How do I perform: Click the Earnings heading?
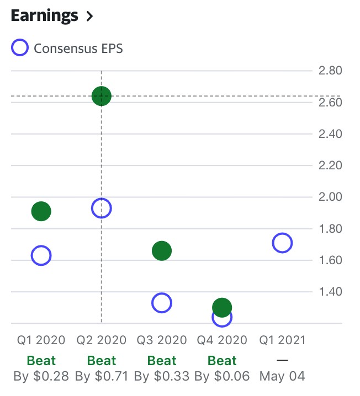click(44, 16)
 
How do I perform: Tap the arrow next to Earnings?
click(89, 17)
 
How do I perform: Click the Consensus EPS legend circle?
click(20, 48)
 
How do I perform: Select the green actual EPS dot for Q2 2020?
click(102, 96)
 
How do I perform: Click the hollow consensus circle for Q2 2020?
click(102, 208)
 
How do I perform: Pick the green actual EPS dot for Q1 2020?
click(41, 211)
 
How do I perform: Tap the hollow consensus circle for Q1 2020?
click(41, 255)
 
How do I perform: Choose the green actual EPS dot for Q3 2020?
click(162, 251)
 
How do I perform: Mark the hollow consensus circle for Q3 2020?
click(162, 302)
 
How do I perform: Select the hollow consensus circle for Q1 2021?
click(282, 243)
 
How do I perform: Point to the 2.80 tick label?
click(331, 71)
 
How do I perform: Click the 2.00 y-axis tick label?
click(331, 197)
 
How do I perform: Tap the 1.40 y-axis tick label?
click(331, 292)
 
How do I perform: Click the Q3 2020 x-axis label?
click(162, 340)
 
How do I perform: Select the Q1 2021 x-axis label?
click(282, 340)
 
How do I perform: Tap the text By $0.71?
click(102, 377)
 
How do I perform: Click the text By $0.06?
click(222, 377)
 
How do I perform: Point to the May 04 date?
click(282, 377)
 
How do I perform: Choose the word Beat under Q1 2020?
click(41, 361)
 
